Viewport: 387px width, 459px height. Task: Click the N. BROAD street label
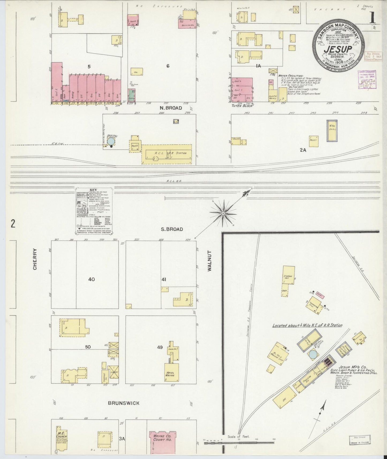pos(171,108)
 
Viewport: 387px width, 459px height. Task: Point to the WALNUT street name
pos(209,261)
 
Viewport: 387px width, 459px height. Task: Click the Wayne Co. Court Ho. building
pos(162,439)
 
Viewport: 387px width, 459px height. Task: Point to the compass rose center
pos(223,213)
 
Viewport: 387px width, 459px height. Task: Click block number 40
pos(92,279)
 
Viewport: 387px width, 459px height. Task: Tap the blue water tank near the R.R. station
pos(111,141)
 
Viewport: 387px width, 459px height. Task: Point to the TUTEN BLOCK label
pos(242,106)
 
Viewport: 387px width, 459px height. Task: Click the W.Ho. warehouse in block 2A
pos(332,131)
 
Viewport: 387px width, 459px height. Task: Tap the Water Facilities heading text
pos(291,76)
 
